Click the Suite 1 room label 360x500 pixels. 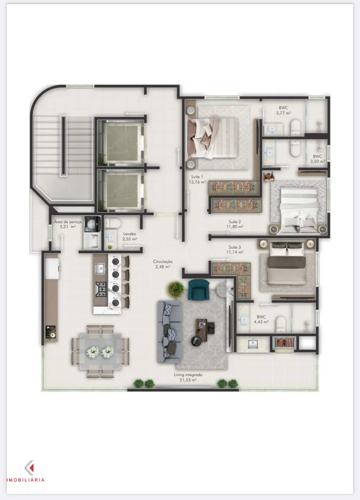197,177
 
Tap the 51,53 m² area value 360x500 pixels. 188,380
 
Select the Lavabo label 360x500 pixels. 129,234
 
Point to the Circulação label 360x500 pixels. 163,261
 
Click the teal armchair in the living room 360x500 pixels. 199,290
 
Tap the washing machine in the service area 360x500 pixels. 92,223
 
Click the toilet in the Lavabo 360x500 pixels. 113,223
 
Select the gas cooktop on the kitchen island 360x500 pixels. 101,289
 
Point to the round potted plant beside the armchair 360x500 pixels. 176,289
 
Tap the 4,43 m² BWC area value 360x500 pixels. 261,322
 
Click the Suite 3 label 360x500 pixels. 235,247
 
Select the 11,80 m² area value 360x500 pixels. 235,226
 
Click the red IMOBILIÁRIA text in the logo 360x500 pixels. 25,480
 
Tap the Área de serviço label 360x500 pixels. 67,222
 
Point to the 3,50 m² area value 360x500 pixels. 317,161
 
